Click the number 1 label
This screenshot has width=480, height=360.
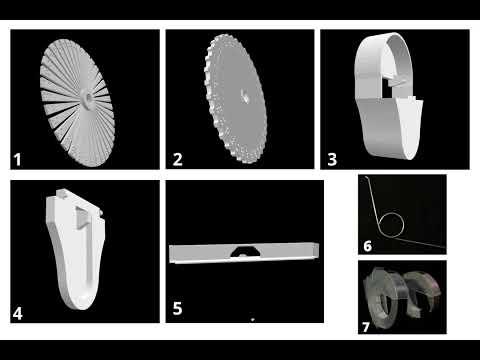pyautogui.click(x=17, y=160)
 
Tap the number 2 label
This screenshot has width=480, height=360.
pyautogui.click(x=177, y=159)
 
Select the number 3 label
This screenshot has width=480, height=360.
pyautogui.click(x=332, y=159)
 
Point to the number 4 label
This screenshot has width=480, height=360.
pyautogui.click(x=17, y=314)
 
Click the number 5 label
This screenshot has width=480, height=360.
pyautogui.click(x=177, y=308)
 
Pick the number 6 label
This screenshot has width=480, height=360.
pyautogui.click(x=367, y=246)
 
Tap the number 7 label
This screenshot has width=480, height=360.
pyautogui.click(x=366, y=327)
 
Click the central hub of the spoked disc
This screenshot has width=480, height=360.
pyautogui.click(x=88, y=99)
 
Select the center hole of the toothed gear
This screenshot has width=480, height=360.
pyautogui.click(x=245, y=97)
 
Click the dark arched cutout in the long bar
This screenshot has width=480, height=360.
pyautogui.click(x=245, y=251)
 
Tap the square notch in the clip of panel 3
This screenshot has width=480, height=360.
pyautogui.click(x=388, y=87)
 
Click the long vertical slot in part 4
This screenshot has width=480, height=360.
pyautogui.click(x=89, y=253)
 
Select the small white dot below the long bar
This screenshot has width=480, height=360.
pyautogui.click(x=253, y=320)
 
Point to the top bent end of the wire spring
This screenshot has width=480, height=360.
pyautogui.click(x=366, y=177)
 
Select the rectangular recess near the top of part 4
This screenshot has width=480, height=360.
pyautogui.click(x=82, y=217)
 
